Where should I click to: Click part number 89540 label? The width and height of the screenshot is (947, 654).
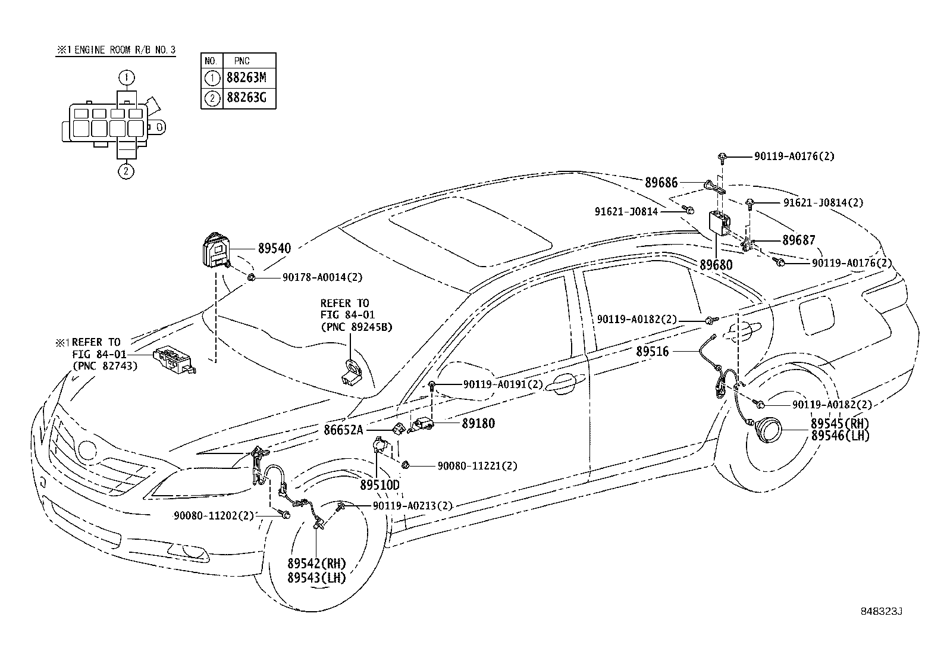coord(274,249)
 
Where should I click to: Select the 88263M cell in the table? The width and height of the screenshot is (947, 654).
coord(249,77)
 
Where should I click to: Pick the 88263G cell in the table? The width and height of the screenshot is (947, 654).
coord(249,98)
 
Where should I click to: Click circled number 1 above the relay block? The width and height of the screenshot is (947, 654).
coord(126,77)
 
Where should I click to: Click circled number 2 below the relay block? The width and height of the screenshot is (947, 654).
coord(126,171)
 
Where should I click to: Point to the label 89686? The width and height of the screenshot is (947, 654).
coord(661,183)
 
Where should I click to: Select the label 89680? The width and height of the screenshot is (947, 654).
coord(716,265)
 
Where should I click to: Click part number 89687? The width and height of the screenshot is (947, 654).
coord(799,240)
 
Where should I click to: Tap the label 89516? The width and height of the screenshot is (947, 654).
coord(652,352)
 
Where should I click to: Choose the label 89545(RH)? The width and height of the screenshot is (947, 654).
coord(839,424)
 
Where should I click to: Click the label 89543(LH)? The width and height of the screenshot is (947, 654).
coord(316,578)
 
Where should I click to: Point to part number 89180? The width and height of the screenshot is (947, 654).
coord(478,423)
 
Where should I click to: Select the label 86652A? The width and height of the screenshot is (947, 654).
coord(343,428)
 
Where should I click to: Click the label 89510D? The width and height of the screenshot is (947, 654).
coord(380,485)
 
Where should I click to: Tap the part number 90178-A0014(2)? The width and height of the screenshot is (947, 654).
coord(313,277)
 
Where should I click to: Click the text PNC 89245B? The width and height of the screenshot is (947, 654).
coord(356,327)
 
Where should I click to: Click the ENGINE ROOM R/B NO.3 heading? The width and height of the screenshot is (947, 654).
coord(116,51)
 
